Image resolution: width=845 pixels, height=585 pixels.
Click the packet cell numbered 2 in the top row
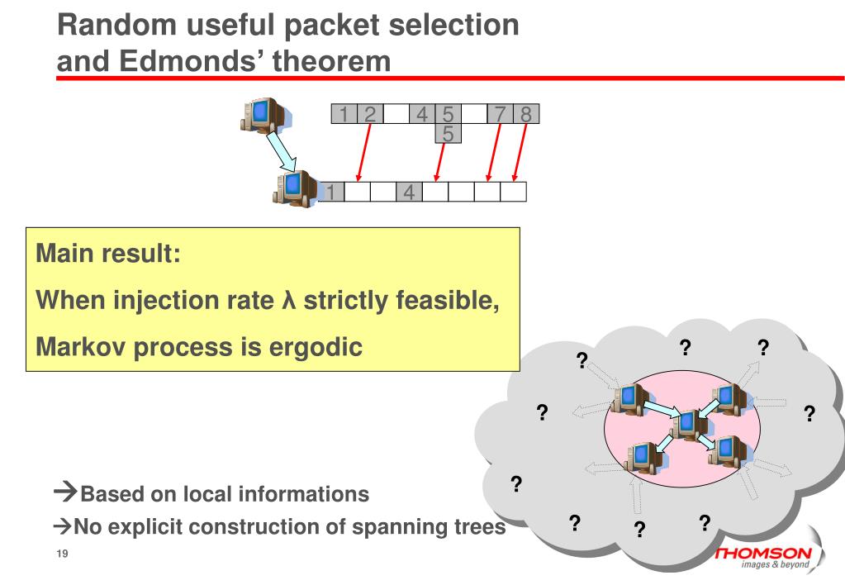tap(370, 114)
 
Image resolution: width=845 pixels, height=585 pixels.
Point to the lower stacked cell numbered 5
tap(448, 134)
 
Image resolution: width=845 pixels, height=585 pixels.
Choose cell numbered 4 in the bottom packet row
tap(409, 192)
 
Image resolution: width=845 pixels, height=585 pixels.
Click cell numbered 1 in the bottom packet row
tap(331, 192)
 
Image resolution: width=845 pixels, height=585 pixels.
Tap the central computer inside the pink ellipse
tap(687, 424)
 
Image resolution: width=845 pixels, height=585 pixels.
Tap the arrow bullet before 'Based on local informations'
tap(65, 494)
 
